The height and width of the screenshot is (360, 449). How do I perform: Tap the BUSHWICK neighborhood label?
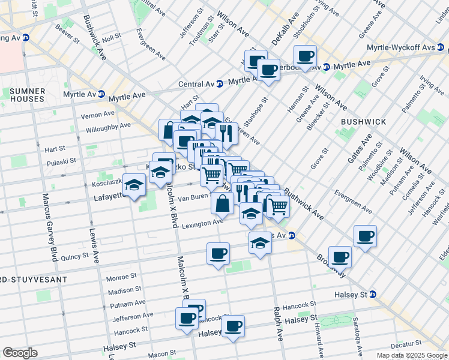click(x=363, y=122)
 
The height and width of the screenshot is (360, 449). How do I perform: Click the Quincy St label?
click(x=75, y=256)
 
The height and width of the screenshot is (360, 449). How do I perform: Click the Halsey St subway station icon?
click(x=373, y=294)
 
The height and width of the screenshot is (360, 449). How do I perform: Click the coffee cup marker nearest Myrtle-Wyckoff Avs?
click(x=306, y=56)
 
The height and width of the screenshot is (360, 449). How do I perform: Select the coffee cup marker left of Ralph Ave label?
click(x=233, y=326)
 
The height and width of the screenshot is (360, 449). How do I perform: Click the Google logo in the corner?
click(x=20, y=353)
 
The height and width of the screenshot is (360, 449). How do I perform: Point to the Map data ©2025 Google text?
click(x=412, y=355)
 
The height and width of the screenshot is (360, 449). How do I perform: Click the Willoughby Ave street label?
click(x=107, y=126)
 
